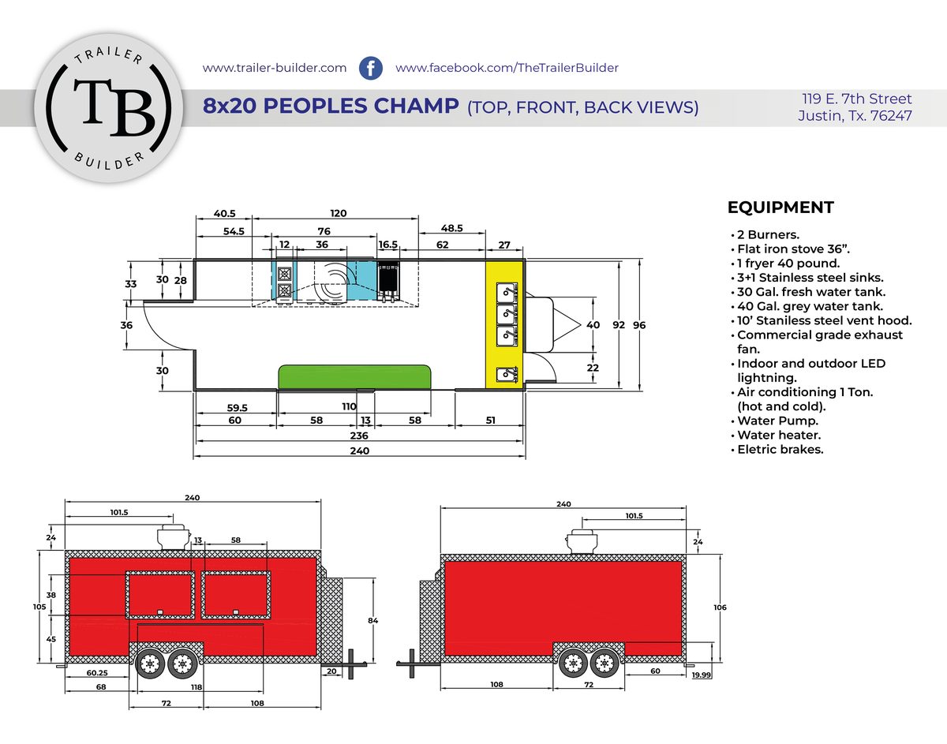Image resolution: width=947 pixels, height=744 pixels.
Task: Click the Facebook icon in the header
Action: (x=370, y=68)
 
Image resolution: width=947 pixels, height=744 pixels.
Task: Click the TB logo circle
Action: (x=109, y=108)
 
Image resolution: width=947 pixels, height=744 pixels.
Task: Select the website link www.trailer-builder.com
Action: (x=275, y=68)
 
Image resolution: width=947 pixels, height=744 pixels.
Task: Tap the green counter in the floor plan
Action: (x=355, y=377)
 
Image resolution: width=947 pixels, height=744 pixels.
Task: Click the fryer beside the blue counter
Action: (x=387, y=281)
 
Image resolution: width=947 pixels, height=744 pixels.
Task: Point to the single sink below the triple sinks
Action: (x=507, y=374)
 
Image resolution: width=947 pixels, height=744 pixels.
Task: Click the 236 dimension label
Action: (x=359, y=436)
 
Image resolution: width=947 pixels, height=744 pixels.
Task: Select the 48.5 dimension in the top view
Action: (x=451, y=228)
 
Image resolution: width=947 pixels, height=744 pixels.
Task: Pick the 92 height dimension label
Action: (x=619, y=325)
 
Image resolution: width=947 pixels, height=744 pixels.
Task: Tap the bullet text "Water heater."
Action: (x=779, y=435)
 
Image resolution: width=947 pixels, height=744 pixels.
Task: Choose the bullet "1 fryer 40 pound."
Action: (x=788, y=263)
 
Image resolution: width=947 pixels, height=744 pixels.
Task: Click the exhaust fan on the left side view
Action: (x=174, y=538)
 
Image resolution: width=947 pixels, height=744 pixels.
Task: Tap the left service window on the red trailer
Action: (x=160, y=595)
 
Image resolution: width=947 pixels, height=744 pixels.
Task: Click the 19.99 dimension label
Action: (x=702, y=675)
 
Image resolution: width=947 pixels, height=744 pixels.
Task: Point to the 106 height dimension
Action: (x=720, y=608)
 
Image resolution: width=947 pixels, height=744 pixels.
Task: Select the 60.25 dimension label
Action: (x=97, y=672)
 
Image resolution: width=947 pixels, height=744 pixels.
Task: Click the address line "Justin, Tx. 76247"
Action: (x=855, y=115)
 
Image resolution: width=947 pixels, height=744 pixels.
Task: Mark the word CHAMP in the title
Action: (x=416, y=106)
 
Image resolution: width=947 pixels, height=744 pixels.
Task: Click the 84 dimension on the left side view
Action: (x=372, y=620)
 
